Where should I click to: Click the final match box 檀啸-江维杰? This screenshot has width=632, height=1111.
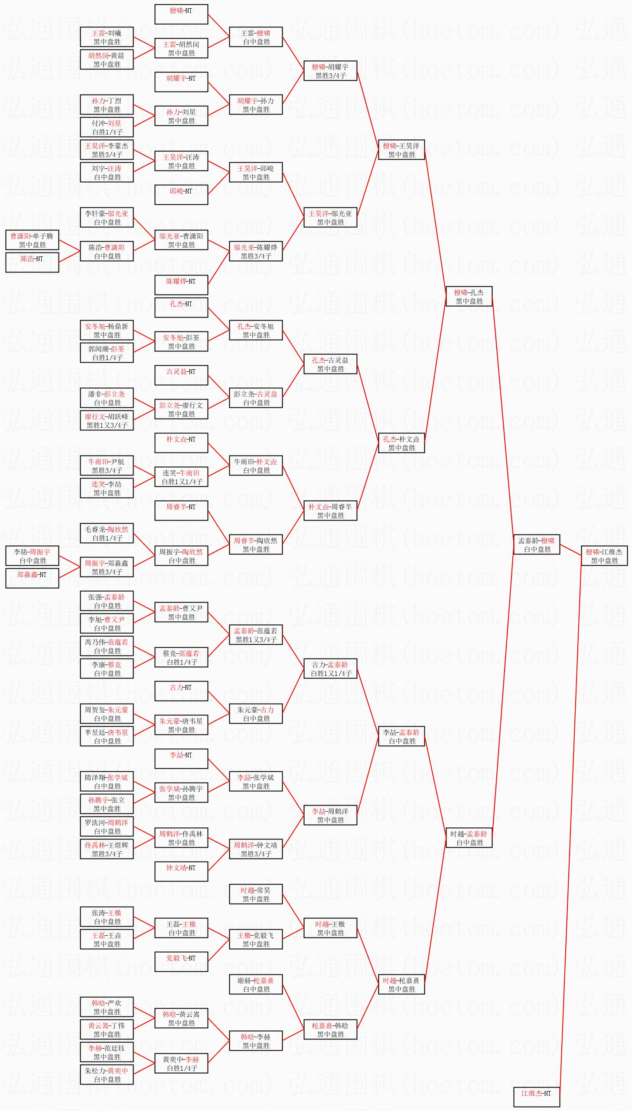pyautogui.click(x=604, y=556)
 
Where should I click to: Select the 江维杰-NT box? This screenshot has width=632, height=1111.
pyautogui.click(x=537, y=1097)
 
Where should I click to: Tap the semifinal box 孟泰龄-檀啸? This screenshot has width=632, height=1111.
pyautogui.click(x=537, y=544)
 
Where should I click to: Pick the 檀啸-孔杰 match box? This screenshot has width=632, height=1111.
pyautogui.click(x=469, y=296)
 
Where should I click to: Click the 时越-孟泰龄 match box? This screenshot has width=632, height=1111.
pyautogui.click(x=469, y=838)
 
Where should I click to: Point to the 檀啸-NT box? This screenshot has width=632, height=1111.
pyautogui.click(x=181, y=14)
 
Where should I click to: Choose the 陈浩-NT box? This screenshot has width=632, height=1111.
pyautogui.click(x=32, y=262)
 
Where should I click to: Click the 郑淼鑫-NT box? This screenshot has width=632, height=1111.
pyautogui.click(x=32, y=578)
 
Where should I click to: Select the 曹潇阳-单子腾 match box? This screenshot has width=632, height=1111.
pyautogui.click(x=32, y=240)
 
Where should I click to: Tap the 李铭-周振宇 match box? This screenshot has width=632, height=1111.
pyautogui.click(x=32, y=556)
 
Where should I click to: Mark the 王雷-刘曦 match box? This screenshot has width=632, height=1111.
pyautogui.click(x=106, y=37)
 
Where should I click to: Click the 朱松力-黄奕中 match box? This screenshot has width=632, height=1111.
pyautogui.click(x=106, y=1075)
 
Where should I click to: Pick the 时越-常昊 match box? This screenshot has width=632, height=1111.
pyautogui.click(x=256, y=894)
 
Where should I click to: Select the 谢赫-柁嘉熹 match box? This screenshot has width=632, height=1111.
pyautogui.click(x=256, y=985)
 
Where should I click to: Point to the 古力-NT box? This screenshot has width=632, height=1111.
pyautogui.click(x=181, y=691)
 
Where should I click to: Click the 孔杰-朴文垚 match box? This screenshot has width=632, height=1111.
pyautogui.click(x=401, y=443)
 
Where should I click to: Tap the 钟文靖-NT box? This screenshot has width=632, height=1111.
pyautogui.click(x=181, y=872)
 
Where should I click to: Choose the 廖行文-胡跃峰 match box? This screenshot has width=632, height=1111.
pyautogui.click(x=106, y=420)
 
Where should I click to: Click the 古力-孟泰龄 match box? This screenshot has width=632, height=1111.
pyautogui.click(x=330, y=669)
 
